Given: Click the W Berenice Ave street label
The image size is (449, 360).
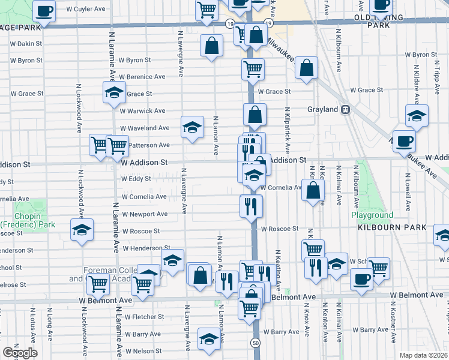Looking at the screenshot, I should (x=142, y=77).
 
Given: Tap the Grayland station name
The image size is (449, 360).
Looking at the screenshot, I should (x=324, y=110).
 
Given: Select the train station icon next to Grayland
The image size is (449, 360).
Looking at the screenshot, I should (x=346, y=110).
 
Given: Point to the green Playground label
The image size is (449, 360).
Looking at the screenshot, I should (x=372, y=215).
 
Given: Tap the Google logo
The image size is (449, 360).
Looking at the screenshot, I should (x=20, y=353).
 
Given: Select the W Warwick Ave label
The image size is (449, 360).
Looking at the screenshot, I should (x=142, y=111).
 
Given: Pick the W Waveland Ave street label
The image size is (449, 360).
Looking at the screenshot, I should (x=145, y=128).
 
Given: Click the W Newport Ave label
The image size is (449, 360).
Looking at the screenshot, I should (x=145, y=214).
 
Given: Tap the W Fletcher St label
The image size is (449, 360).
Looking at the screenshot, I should (x=143, y=316).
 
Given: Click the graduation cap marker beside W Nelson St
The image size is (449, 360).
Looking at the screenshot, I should (x=208, y=340).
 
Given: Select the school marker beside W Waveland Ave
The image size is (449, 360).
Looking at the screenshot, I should (x=192, y=127).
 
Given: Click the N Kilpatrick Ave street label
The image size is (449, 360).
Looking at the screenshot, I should (x=288, y=130).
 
